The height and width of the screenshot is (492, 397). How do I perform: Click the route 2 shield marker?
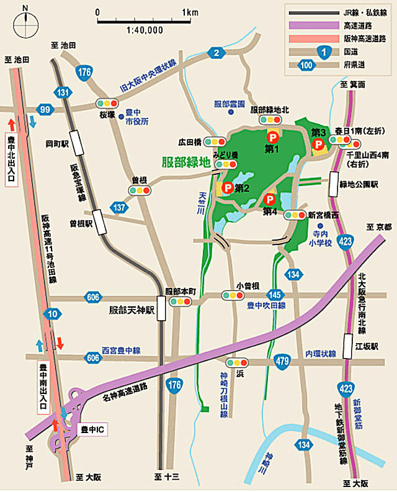click(x=216, y=53)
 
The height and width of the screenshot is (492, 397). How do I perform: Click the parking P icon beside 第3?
click(x=319, y=144)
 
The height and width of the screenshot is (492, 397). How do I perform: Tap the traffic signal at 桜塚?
click(x=106, y=103)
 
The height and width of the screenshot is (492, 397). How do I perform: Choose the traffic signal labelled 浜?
click(x=237, y=362)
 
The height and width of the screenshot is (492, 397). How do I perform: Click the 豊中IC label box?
click(x=94, y=429)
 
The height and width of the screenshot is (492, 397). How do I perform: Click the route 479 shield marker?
click(x=283, y=359)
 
